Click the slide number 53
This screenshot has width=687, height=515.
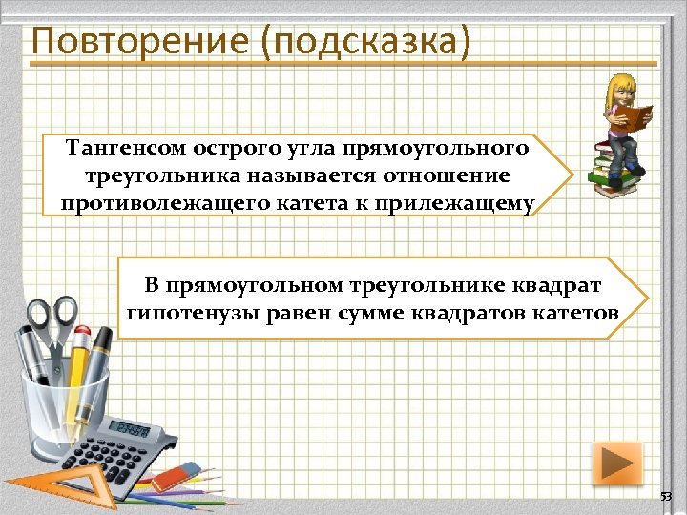[x=666, y=498]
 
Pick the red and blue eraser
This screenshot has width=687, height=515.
[x=174, y=474]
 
